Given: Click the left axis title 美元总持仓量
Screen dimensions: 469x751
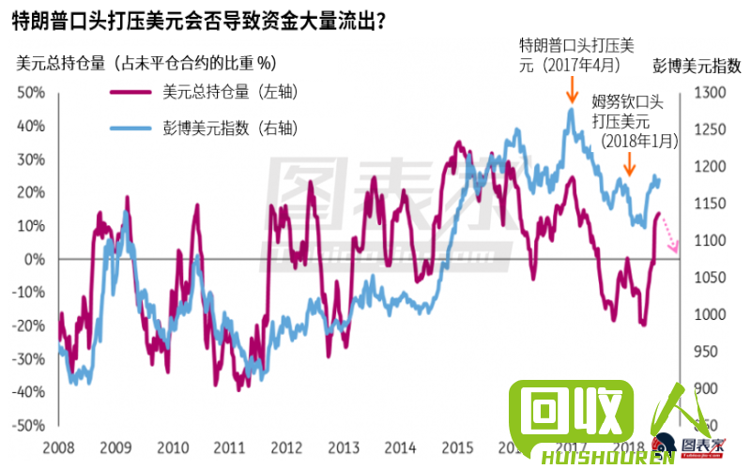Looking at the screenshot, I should tap(145, 64).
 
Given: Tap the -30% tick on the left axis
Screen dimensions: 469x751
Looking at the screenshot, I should tap(27, 358).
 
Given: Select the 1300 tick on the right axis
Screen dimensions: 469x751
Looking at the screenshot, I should tap(708, 92).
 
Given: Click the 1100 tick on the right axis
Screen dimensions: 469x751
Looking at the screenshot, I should tap(708, 240).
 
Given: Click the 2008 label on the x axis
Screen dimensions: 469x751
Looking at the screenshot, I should tap(59, 447).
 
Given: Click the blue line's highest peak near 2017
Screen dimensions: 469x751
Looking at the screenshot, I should tap(570, 110).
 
